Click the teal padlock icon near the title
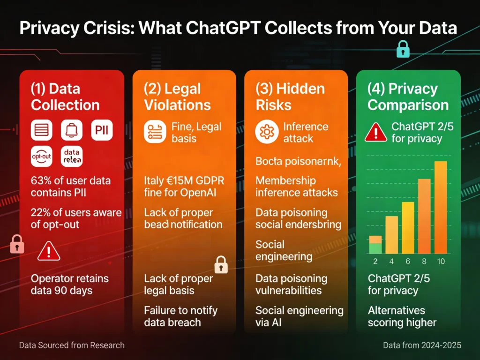[x=403, y=49]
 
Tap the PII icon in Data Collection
[x=102, y=129]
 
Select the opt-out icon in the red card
[x=41, y=157]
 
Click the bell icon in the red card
[x=71, y=129]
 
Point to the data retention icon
[x=72, y=157]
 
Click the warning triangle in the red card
[x=49, y=251]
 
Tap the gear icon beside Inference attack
[x=267, y=132]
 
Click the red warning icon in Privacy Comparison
[x=375, y=132]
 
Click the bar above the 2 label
[x=375, y=244]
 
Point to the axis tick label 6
[x=408, y=262]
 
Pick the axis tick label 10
[x=440, y=262]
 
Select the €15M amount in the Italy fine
[x=176, y=180]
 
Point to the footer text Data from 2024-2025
[x=422, y=345]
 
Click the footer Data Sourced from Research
[x=72, y=345]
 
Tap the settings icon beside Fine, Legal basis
[x=155, y=132]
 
